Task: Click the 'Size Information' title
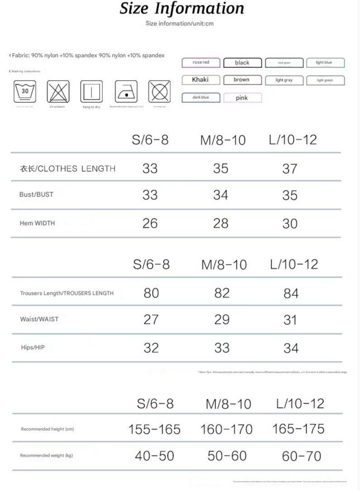(182, 9)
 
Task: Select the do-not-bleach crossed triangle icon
(57, 91)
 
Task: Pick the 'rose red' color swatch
(200, 63)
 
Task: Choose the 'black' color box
(242, 63)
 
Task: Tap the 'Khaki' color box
(200, 80)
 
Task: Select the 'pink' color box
(242, 98)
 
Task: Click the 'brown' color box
(242, 80)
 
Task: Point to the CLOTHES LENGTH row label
(67, 168)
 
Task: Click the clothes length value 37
(289, 168)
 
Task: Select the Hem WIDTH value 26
(150, 223)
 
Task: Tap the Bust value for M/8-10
(221, 195)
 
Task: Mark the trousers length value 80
(151, 293)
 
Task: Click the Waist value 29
(222, 319)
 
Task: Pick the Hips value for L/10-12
(291, 348)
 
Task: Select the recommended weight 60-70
(301, 456)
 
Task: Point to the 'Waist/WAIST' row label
(39, 319)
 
